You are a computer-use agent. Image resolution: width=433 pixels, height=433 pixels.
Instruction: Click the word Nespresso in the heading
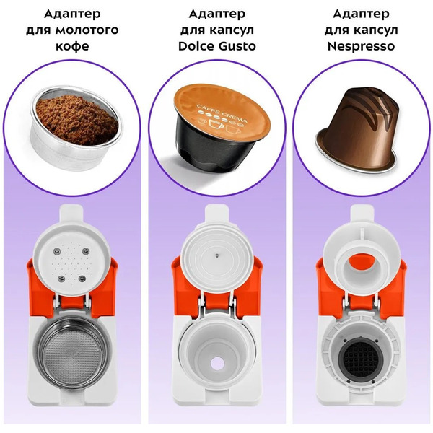(361, 46)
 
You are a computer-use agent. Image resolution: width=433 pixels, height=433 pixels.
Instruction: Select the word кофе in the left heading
(72, 46)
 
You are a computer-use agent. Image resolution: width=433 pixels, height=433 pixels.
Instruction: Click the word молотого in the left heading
(87, 30)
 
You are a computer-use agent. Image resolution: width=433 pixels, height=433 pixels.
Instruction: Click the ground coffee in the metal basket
(77, 120)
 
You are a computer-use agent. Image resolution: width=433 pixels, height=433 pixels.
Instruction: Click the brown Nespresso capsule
(359, 129)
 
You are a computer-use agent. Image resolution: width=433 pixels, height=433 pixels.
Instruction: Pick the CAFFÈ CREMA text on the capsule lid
(222, 113)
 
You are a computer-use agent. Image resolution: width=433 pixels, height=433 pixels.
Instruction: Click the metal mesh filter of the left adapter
(72, 354)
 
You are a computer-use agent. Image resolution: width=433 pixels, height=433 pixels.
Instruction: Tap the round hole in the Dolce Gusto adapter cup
(218, 364)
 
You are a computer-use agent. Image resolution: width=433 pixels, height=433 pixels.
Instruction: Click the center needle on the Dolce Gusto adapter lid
(217, 255)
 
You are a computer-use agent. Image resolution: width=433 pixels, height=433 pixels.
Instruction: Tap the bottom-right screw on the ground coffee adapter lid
(82, 279)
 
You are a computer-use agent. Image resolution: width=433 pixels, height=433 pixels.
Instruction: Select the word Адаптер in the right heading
(361, 14)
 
